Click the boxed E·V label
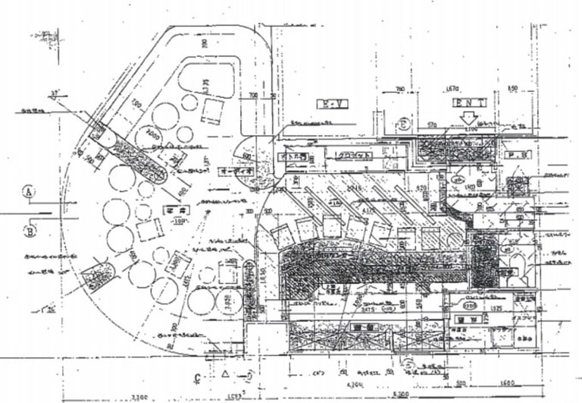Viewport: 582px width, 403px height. (331, 103)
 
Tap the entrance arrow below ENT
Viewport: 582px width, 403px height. (469, 118)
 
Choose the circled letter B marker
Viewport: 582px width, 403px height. (31, 227)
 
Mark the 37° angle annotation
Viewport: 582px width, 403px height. (54, 95)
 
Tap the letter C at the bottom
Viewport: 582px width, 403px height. (197, 377)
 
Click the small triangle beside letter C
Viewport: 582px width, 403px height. (226, 375)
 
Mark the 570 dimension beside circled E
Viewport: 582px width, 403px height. (433, 124)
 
